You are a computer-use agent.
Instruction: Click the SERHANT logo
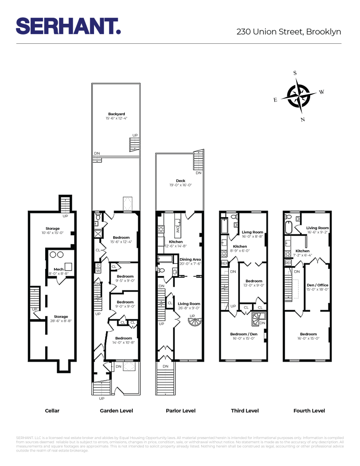[68, 26]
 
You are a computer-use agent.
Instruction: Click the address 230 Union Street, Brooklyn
[289, 32]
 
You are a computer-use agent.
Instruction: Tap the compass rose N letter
[303, 119]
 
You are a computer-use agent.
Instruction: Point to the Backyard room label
[116, 114]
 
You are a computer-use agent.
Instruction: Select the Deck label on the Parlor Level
[181, 180]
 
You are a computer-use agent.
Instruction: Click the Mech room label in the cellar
[59, 269]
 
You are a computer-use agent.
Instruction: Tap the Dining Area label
[190, 259]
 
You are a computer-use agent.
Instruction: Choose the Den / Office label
[317, 285]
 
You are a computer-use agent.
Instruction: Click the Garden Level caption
[116, 411]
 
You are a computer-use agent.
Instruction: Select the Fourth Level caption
[309, 411]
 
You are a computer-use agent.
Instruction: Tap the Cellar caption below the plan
[52, 411]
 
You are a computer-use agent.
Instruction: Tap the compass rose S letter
[295, 73]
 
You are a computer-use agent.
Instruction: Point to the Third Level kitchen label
[240, 246]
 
